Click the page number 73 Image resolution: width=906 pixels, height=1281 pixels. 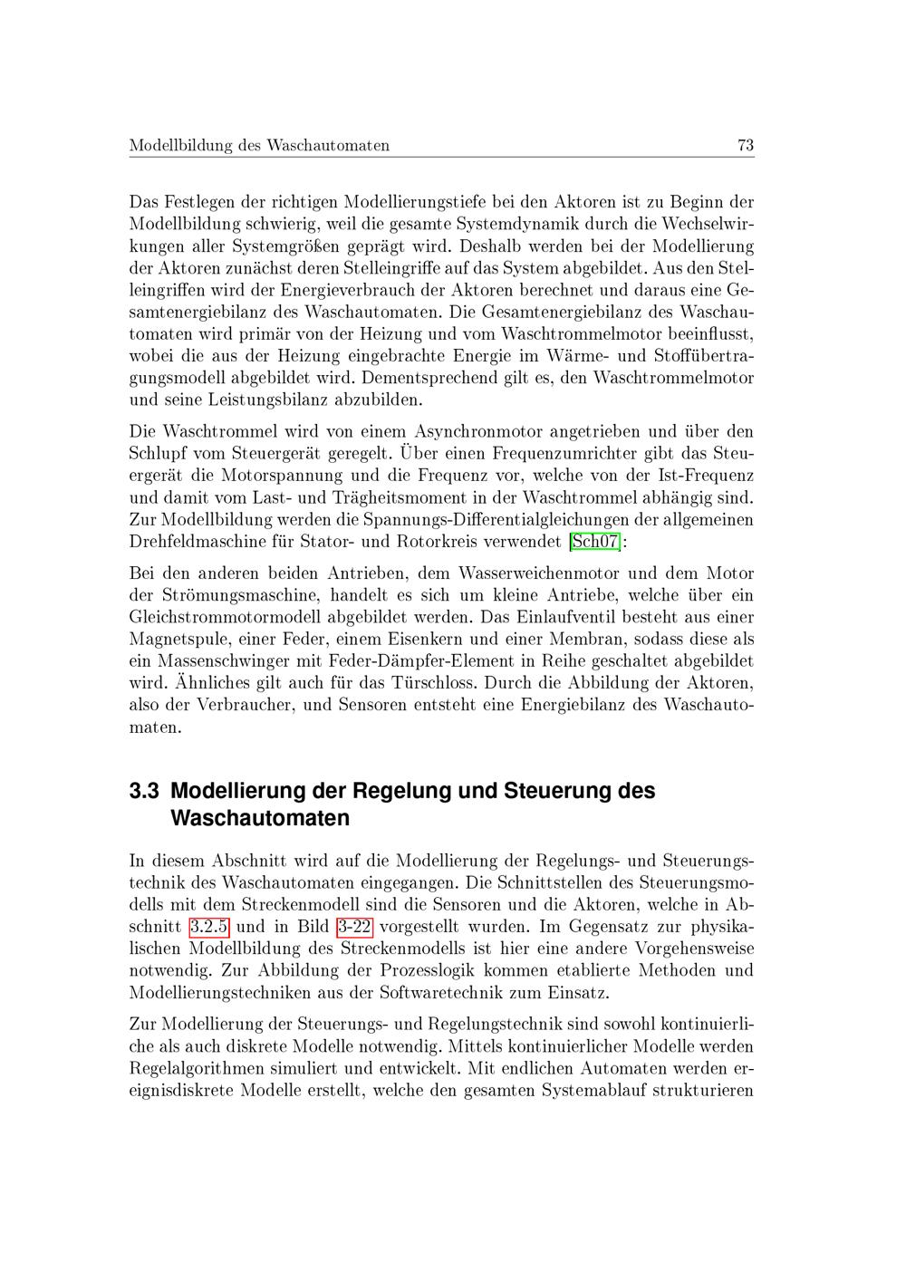(746, 145)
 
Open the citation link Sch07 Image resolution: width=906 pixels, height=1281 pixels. (595, 542)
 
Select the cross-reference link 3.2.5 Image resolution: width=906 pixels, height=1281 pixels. (209, 926)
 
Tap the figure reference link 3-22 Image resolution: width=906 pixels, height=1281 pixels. (354, 926)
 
